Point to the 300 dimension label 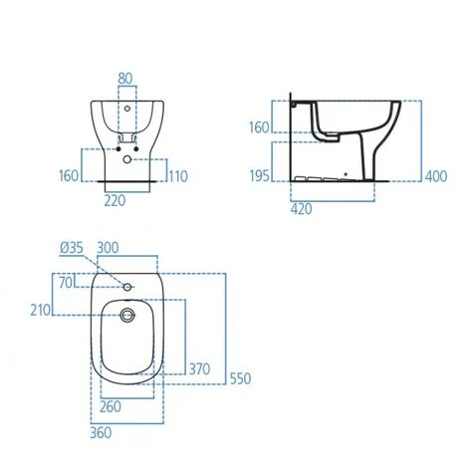pyautogui.click(x=109, y=246)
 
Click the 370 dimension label pyautogui.click(x=200, y=368)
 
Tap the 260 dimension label pyautogui.click(x=111, y=405)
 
